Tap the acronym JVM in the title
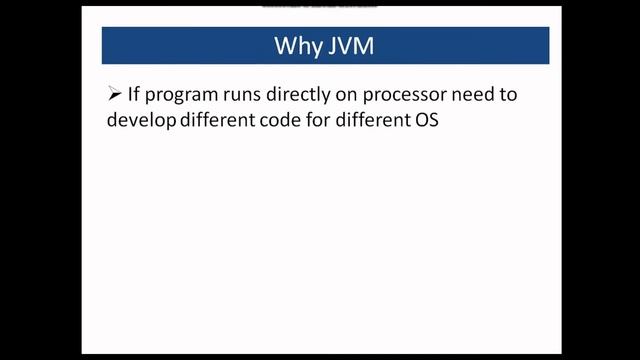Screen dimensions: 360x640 pyautogui.click(x=349, y=46)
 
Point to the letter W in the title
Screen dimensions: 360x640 pyautogui.click(x=285, y=46)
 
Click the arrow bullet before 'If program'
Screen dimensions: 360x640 pyautogui.click(x=114, y=94)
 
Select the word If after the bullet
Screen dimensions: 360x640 pyautogui.click(x=135, y=94)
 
